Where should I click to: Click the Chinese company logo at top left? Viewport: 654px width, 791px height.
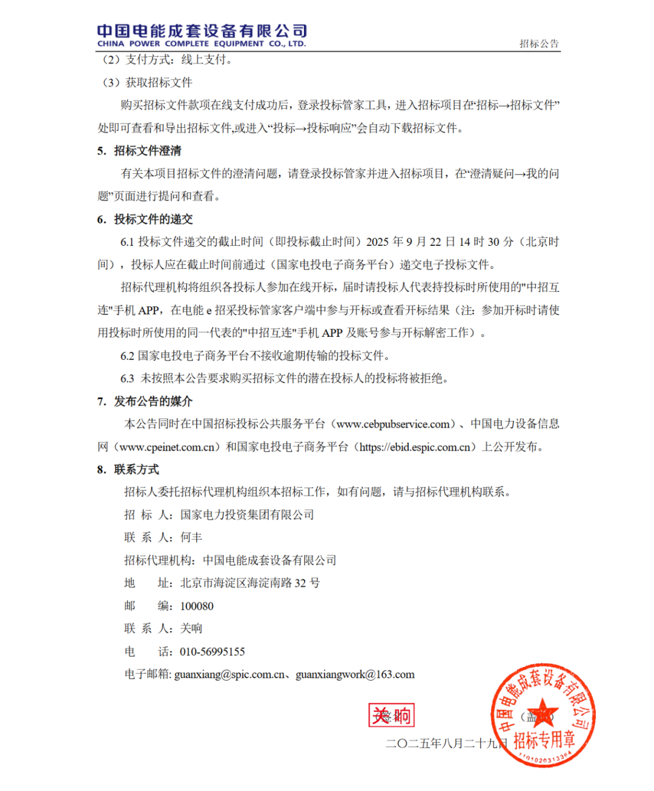[202, 35]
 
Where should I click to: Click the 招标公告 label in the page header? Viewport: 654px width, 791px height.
[539, 44]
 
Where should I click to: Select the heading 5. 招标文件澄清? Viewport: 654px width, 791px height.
[139, 151]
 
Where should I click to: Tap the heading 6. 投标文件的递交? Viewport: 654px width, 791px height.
[145, 219]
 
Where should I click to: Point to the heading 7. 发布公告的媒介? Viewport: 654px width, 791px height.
[145, 402]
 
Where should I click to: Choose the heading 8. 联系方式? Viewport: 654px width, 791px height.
[128, 469]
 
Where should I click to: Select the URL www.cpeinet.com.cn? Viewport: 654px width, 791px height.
[167, 447]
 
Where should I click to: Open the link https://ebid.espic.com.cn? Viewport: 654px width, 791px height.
[415, 447]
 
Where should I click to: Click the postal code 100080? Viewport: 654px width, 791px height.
[197, 606]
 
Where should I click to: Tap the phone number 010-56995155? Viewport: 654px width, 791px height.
[213, 652]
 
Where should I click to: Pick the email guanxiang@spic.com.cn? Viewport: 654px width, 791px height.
[230, 675]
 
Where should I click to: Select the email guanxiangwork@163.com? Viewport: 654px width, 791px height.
[355, 675]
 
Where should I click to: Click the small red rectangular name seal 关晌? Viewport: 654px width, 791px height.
[391, 715]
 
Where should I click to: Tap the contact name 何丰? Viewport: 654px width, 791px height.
[191, 537]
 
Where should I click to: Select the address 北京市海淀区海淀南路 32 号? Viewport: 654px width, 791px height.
[250, 583]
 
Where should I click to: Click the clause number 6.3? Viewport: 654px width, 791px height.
[127, 379]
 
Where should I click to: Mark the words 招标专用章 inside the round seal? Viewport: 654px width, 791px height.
[544, 740]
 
